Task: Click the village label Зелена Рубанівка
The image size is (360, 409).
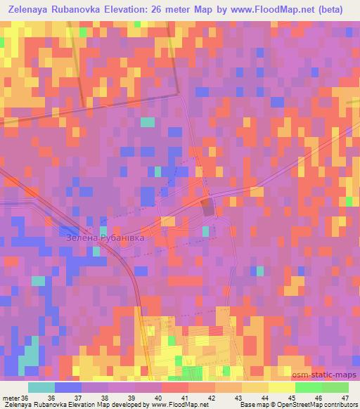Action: coord(105,238)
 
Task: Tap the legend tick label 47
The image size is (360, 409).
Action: coord(345,398)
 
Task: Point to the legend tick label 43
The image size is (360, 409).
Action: coord(238,398)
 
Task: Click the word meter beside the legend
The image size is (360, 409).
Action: coord(12,398)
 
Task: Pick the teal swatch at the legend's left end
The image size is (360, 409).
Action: coord(41,387)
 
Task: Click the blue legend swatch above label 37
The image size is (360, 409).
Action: coord(68,387)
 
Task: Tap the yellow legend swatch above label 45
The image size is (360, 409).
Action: coord(282,387)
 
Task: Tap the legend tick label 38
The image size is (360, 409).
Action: coord(105,398)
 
